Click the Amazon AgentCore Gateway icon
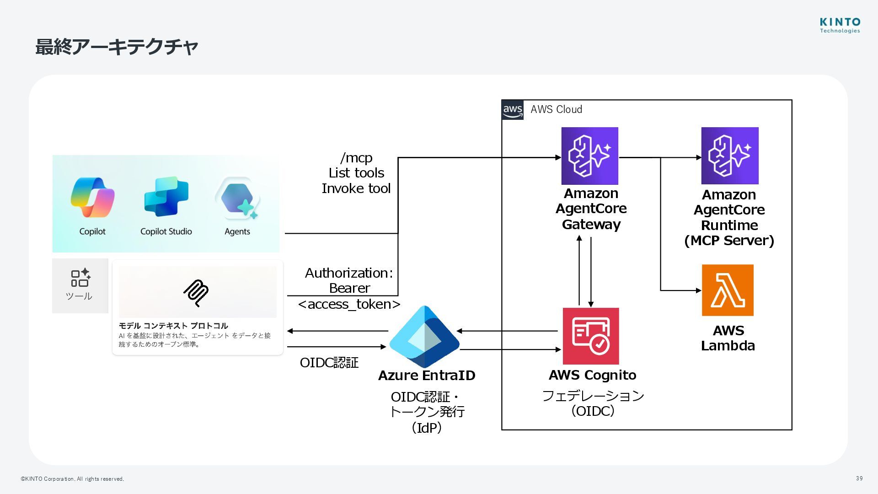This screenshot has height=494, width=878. click(x=589, y=156)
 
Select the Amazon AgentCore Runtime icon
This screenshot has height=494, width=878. click(x=730, y=156)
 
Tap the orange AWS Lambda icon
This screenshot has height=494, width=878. click(x=728, y=290)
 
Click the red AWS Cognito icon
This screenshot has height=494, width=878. click(x=590, y=336)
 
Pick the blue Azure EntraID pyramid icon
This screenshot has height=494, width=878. click(x=424, y=337)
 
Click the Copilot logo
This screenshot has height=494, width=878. click(x=92, y=197)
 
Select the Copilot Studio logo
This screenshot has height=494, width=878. click(x=166, y=197)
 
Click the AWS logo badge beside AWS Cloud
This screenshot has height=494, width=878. click(x=513, y=110)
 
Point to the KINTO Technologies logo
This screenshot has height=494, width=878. click(x=840, y=25)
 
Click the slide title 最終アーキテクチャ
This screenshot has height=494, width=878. click(x=117, y=47)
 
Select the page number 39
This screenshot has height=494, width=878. click(x=859, y=478)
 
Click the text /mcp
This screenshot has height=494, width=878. click(x=356, y=158)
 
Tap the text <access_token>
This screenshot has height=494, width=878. click(x=349, y=304)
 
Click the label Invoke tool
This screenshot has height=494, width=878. click(x=356, y=188)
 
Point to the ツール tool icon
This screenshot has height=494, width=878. click(x=80, y=278)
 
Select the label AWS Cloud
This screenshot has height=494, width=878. click(x=556, y=110)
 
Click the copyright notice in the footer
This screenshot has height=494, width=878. click(x=72, y=479)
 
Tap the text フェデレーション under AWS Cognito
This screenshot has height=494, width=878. click(x=593, y=396)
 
